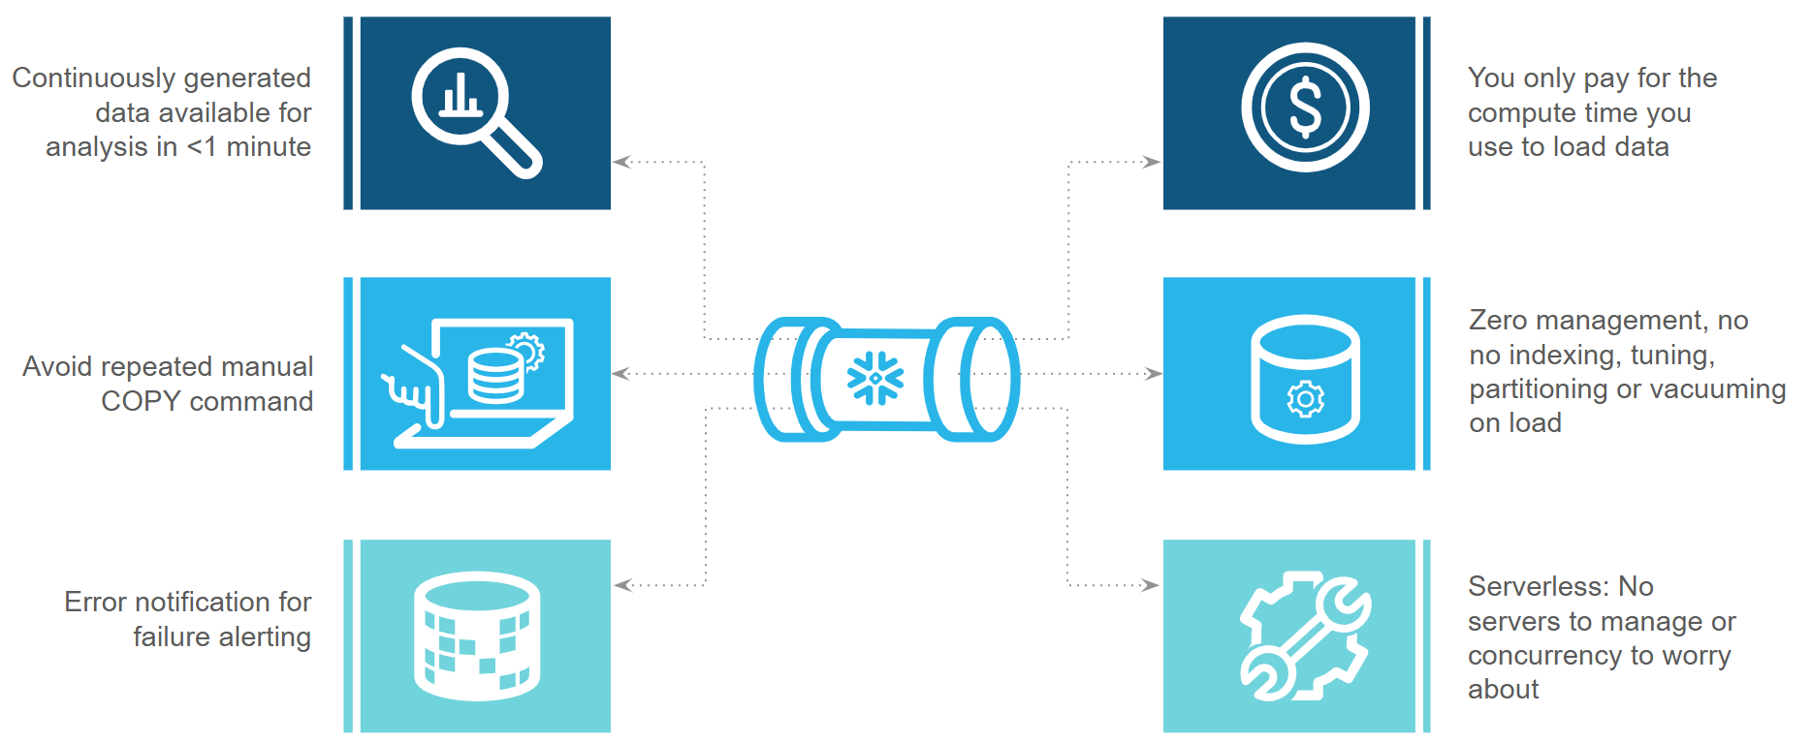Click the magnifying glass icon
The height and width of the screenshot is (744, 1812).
point(475,111)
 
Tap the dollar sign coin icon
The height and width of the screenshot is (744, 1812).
point(1305,108)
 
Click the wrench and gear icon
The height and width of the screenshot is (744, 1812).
point(1305,635)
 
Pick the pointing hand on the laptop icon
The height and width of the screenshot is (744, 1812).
point(412,387)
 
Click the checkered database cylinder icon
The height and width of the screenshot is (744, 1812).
point(476,635)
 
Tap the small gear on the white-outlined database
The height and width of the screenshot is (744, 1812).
point(1305,398)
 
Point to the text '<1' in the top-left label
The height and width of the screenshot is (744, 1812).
point(201,147)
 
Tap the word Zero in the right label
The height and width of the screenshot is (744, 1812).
point(1498,321)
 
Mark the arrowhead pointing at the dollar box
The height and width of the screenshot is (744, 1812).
point(1152,162)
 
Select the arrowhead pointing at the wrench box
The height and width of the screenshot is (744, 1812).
point(1152,585)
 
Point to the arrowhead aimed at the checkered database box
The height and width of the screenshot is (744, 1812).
point(622,585)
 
